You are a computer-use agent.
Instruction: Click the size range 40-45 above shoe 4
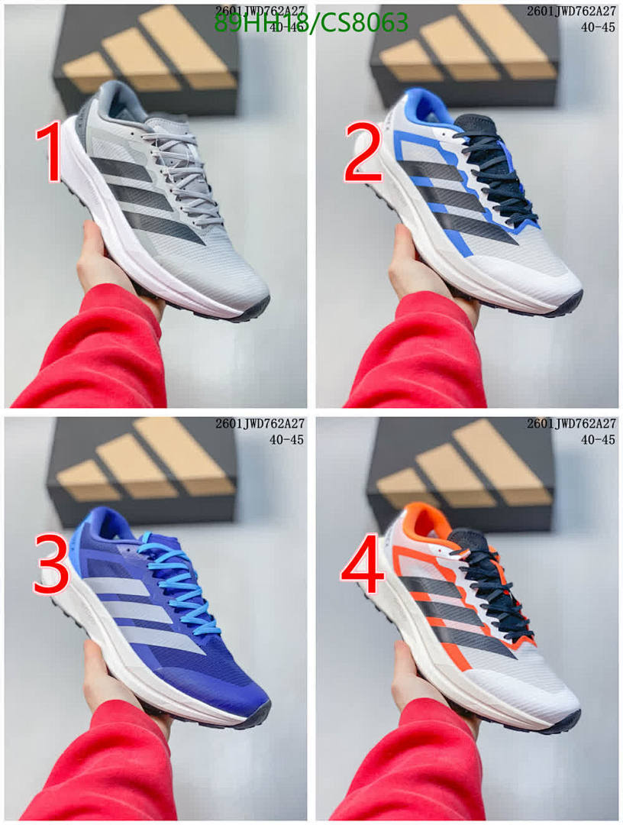tap(598, 439)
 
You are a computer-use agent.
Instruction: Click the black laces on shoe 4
tap(496, 588)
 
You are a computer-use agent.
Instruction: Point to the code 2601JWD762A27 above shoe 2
tap(571, 11)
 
